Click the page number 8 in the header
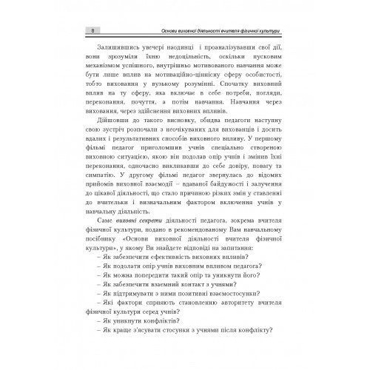89,30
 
